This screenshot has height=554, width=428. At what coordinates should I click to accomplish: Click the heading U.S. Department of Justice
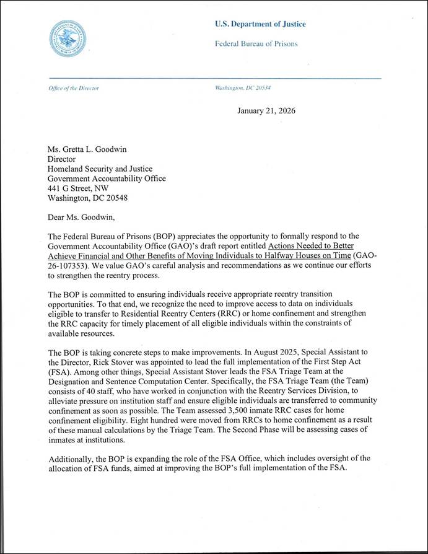260,24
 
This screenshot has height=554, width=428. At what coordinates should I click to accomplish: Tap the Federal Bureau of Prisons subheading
256,44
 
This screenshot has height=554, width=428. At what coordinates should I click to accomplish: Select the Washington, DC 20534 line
242,88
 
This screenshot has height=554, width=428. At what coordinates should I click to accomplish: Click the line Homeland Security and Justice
100,169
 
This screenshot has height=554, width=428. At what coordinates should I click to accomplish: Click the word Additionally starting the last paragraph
71,458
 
